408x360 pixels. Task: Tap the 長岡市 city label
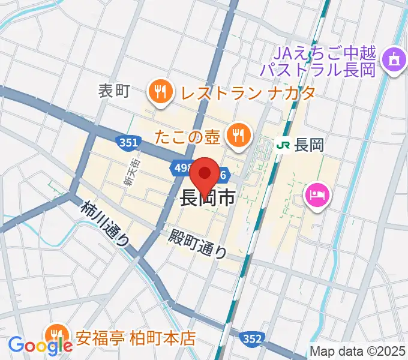pyautogui.click(x=208, y=199)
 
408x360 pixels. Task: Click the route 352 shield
pyautogui.click(x=253, y=339)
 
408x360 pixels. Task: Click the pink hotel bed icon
pyautogui.click(x=316, y=195)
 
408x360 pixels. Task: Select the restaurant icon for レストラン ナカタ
pyautogui.click(x=159, y=92)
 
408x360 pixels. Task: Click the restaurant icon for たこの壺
pyautogui.click(x=238, y=135)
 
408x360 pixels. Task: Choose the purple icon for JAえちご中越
pyautogui.click(x=394, y=59)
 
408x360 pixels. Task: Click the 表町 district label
pyautogui.click(x=114, y=91)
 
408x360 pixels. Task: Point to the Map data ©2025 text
pyautogui.click(x=356, y=350)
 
